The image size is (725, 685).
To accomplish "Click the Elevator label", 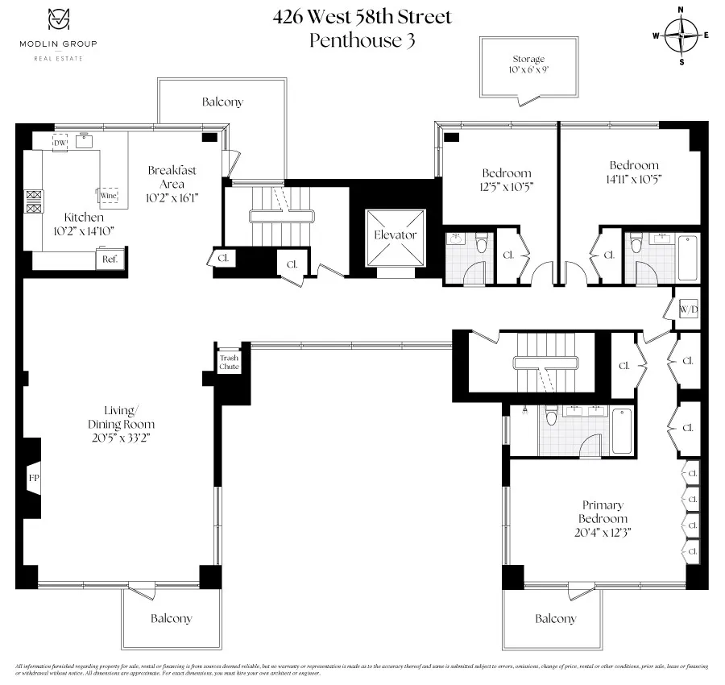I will [x=395, y=235].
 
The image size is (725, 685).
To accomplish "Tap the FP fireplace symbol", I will [x=34, y=478].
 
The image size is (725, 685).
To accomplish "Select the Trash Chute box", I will [x=229, y=363].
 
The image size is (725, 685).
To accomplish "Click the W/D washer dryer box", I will [x=687, y=308].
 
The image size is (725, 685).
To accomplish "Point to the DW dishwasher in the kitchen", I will [x=60, y=143].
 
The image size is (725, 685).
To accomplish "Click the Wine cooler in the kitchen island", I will [x=108, y=195].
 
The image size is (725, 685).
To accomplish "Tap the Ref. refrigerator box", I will [x=110, y=259].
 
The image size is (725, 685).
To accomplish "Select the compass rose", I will [x=682, y=35].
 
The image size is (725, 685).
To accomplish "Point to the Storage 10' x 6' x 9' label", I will [x=528, y=64].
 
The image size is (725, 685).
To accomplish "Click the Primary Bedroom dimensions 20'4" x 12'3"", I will [x=602, y=532].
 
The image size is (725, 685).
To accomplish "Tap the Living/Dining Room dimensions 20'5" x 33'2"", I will [x=121, y=438].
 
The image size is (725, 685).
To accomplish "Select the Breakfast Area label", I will [x=172, y=177].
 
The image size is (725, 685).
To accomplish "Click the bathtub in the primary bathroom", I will [x=621, y=430].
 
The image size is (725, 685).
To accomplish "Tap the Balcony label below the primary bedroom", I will [x=556, y=618].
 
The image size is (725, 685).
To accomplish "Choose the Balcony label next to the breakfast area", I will [x=222, y=102].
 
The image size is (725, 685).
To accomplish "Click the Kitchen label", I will [x=84, y=218].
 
